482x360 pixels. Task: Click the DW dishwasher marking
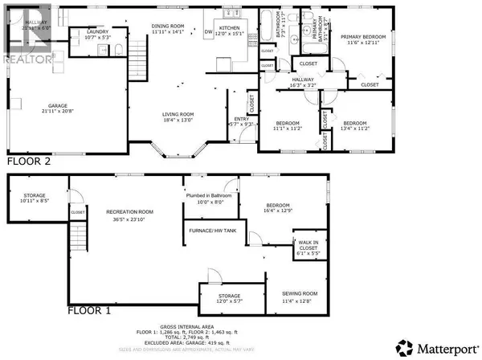(x=209, y=32)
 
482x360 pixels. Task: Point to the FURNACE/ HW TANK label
(x=210, y=230)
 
